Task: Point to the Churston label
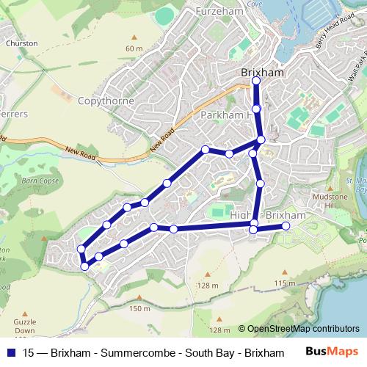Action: (x=21, y=43)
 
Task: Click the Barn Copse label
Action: (x=40, y=180)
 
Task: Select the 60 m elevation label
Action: (x=134, y=48)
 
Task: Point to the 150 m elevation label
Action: (x=139, y=308)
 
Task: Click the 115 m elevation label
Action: (x=283, y=283)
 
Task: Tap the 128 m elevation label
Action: (x=208, y=286)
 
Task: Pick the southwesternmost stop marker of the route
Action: (x=85, y=266)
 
